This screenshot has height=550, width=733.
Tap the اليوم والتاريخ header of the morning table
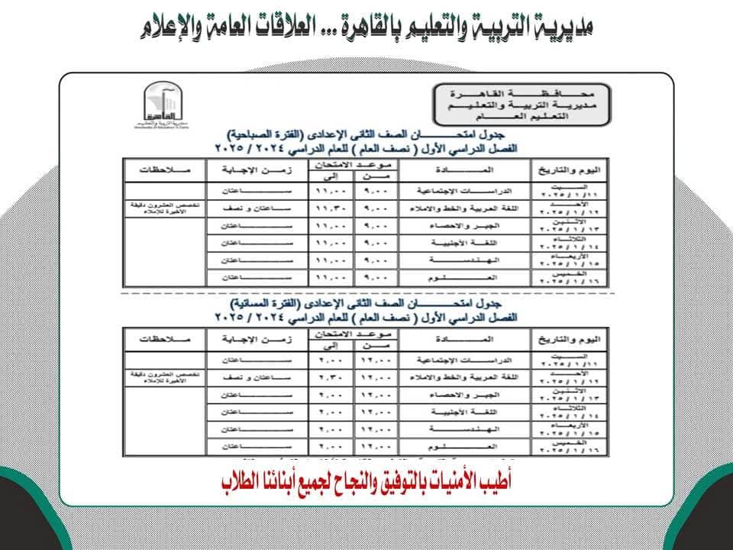click(x=569, y=168)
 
